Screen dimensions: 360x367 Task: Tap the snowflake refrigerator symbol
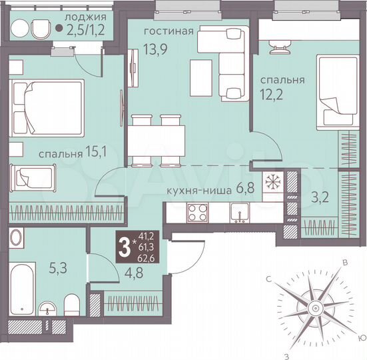272,183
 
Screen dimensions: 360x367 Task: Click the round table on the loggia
21,29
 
